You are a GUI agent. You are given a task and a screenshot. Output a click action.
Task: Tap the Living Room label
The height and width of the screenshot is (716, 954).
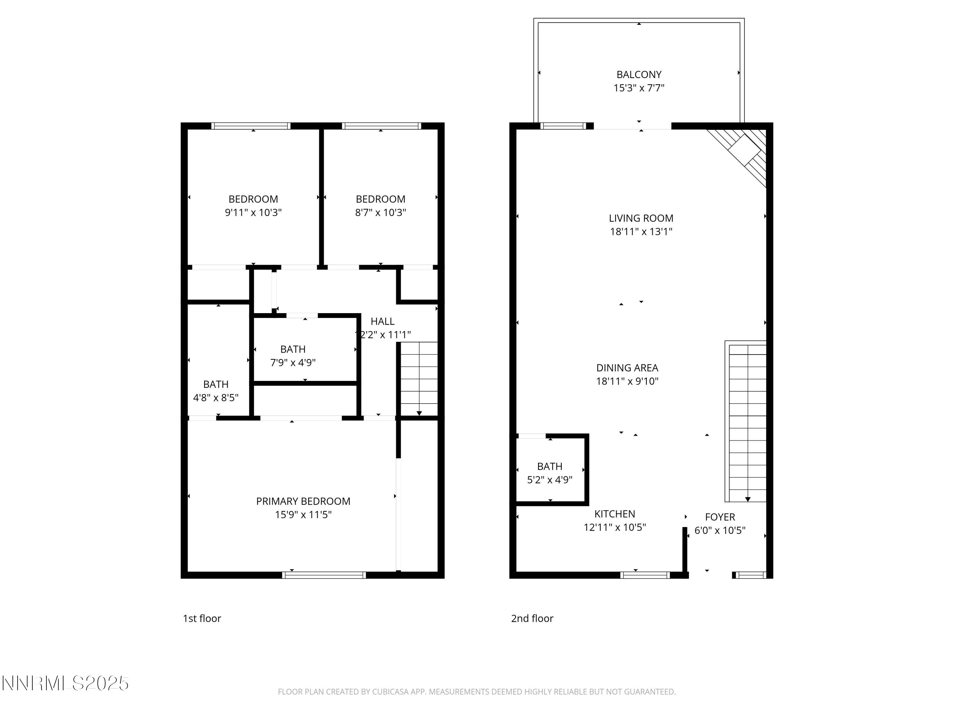[x=641, y=218]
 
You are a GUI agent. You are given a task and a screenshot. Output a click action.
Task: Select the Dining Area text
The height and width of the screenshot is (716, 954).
[x=627, y=368]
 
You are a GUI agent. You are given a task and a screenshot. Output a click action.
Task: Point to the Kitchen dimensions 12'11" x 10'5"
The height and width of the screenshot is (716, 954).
[x=615, y=527]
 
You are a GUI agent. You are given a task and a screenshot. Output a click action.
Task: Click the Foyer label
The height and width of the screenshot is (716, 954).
[x=720, y=517]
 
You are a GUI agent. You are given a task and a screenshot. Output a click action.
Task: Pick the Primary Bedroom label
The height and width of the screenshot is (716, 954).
[x=303, y=502]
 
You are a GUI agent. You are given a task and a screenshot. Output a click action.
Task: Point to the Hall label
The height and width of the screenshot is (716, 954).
[x=383, y=321]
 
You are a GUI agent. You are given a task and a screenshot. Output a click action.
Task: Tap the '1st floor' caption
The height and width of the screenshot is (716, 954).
[x=202, y=618]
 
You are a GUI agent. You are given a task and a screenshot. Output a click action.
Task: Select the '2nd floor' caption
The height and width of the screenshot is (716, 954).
[x=532, y=618]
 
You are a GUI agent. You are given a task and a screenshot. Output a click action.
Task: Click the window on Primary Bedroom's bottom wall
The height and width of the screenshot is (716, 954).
[x=324, y=575]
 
